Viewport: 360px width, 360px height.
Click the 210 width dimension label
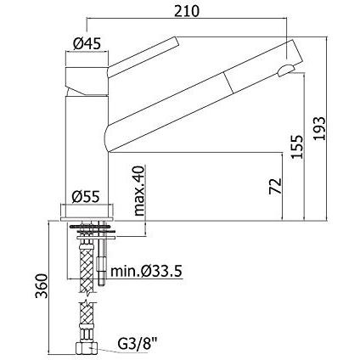pos(187,11)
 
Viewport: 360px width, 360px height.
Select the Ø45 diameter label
pos(87,44)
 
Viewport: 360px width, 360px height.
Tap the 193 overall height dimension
pos(320,128)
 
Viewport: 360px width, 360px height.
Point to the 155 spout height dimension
pos(297,147)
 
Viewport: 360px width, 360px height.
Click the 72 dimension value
pos(276,186)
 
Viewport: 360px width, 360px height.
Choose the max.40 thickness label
pos(139,191)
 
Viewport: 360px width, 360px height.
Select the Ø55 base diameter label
pos(86,197)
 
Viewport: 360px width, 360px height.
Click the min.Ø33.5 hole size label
pos(146,271)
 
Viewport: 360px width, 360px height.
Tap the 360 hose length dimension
pos(41,286)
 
